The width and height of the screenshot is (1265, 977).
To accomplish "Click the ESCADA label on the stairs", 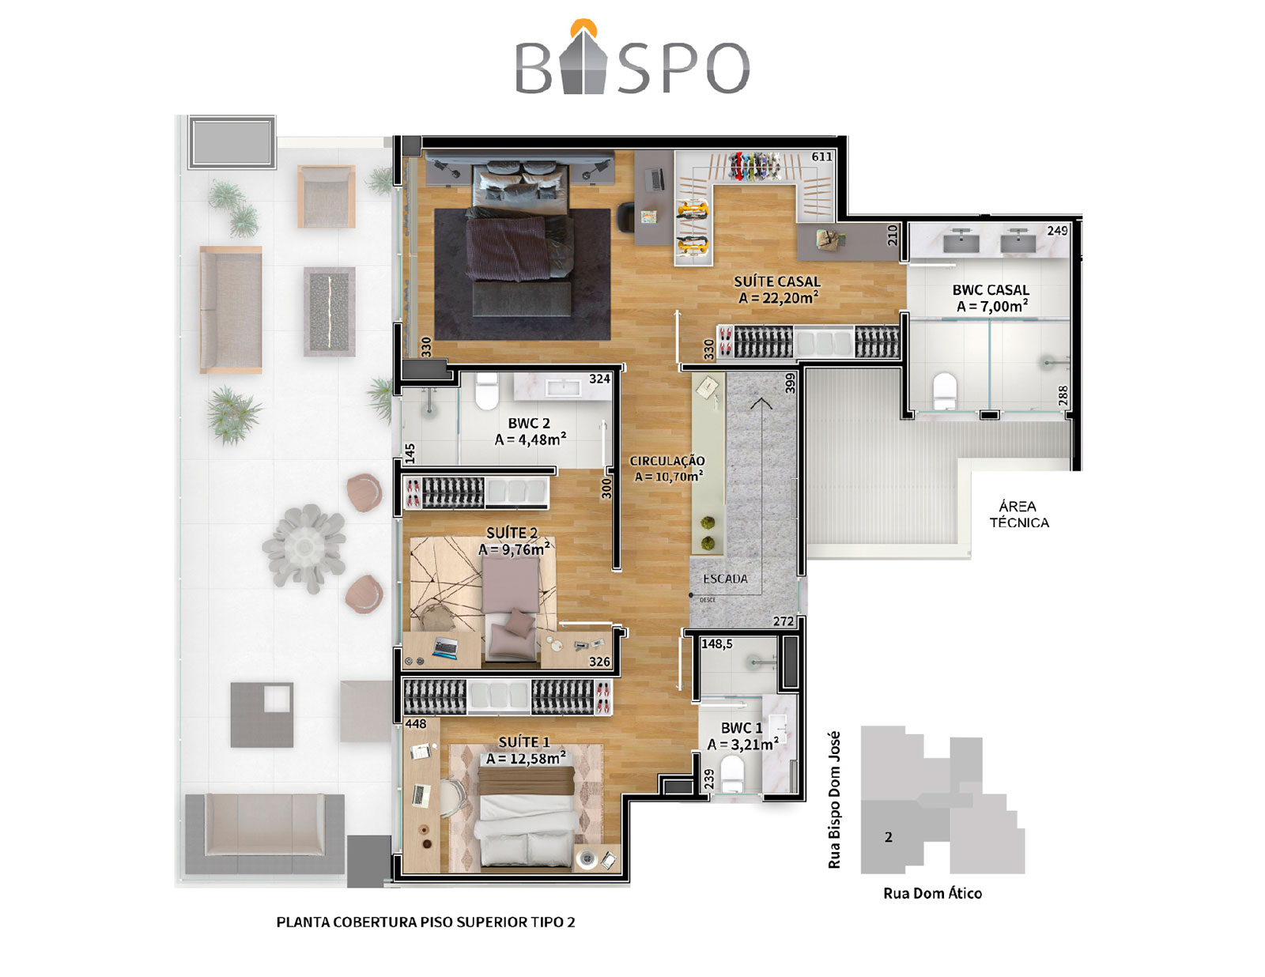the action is click(x=725, y=579).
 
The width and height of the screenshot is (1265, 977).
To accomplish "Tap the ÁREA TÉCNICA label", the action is click(x=1019, y=515).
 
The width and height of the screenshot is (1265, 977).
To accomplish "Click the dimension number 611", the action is click(x=822, y=157).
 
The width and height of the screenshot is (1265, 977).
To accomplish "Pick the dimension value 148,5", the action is click(x=716, y=644).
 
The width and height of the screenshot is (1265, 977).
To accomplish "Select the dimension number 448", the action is click(x=416, y=724).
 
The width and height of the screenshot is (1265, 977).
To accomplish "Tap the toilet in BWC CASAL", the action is click(x=944, y=391).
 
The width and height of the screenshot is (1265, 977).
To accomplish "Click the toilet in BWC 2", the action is click(x=487, y=391).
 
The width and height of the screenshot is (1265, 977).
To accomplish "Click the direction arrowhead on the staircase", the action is click(x=761, y=402).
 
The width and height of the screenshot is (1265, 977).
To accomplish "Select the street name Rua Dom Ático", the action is click(x=933, y=893).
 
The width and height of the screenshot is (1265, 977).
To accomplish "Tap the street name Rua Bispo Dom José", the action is click(x=834, y=800).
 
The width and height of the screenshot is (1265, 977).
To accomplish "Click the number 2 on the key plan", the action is click(x=889, y=837).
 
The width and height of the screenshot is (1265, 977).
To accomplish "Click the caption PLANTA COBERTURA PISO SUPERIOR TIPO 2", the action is click(x=425, y=922).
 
